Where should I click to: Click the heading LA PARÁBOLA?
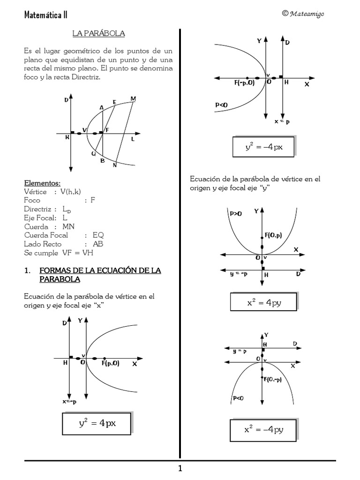[98, 34]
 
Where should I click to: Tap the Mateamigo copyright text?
[303, 14]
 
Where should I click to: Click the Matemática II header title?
[45, 15]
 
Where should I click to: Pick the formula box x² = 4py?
[264, 302]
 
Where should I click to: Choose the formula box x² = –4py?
[263, 429]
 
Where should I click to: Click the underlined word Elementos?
[42, 183]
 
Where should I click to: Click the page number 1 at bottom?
[180, 469]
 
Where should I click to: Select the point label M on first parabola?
[133, 98]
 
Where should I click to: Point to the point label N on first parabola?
[115, 165]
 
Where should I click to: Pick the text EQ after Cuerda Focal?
[98, 235]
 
